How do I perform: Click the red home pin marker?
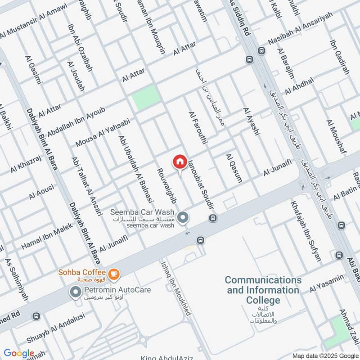coord(180,162)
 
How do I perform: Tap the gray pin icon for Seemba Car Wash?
coord(183,218)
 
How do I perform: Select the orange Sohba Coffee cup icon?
coord(114,273)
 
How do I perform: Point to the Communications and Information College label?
coord(263,290)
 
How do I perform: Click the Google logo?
coord(19,353)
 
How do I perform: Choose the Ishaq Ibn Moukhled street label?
coord(174,288)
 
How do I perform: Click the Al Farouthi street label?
coord(198,127)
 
